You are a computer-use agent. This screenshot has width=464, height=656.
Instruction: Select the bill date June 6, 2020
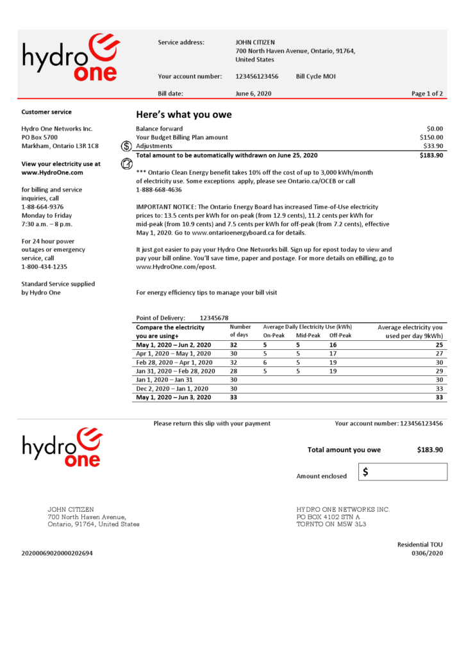click(x=253, y=94)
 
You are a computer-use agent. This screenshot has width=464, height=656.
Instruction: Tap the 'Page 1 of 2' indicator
click(x=427, y=94)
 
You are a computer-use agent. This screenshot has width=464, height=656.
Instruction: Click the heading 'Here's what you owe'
click(x=183, y=115)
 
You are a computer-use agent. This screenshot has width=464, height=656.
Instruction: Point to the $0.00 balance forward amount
click(x=435, y=129)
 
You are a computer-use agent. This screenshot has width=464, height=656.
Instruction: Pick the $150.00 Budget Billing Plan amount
click(x=431, y=137)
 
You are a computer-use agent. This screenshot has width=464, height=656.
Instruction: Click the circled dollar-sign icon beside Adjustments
click(x=126, y=146)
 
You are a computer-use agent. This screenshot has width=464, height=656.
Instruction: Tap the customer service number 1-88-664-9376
click(x=42, y=207)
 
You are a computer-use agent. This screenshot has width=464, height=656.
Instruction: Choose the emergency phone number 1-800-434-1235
click(x=44, y=266)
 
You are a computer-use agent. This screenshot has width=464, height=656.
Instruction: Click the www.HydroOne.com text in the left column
click(x=52, y=172)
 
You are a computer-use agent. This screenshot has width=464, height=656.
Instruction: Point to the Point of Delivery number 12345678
click(x=214, y=318)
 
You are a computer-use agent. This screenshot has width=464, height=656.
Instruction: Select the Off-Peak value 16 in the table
click(x=333, y=345)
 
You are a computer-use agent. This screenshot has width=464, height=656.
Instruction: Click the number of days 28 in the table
click(x=234, y=371)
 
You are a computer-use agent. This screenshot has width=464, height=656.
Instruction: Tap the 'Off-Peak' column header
click(x=340, y=335)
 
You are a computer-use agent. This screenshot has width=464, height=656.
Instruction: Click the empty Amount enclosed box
click(x=402, y=472)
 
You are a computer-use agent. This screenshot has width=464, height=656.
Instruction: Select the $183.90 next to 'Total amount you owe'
click(x=429, y=450)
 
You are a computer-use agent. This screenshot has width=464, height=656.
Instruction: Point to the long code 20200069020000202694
click(x=57, y=553)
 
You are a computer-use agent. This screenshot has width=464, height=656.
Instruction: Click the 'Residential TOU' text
click(x=420, y=545)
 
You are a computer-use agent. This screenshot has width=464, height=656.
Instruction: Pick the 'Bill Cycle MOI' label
click(x=315, y=76)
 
